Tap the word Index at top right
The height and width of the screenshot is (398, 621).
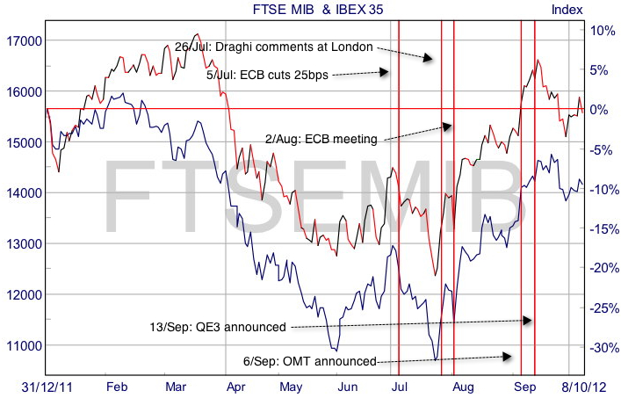567,10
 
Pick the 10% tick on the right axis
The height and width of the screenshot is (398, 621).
603,30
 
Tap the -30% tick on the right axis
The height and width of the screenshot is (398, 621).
601,348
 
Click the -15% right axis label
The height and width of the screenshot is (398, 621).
601,228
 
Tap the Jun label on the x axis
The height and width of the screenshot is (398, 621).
348,386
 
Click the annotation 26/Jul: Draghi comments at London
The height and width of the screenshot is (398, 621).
274,46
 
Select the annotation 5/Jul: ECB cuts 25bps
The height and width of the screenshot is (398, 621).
279,76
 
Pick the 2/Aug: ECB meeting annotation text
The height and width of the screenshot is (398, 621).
321,139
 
